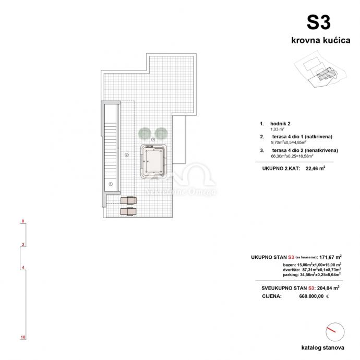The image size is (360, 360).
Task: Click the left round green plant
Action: click(x=143, y=133)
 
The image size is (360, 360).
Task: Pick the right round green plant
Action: click(x=161, y=133)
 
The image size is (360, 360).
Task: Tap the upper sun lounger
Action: click(x=127, y=200)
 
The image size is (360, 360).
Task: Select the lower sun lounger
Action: click(x=127, y=211)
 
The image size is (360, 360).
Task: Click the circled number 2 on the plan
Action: click(x=126, y=154)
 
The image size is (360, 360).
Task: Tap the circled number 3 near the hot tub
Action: click(x=153, y=140)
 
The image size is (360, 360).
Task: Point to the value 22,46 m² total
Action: click(x=315, y=169)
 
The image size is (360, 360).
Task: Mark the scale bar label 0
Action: click(x=23, y=221)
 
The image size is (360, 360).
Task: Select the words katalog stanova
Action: click(x=322, y=347)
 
